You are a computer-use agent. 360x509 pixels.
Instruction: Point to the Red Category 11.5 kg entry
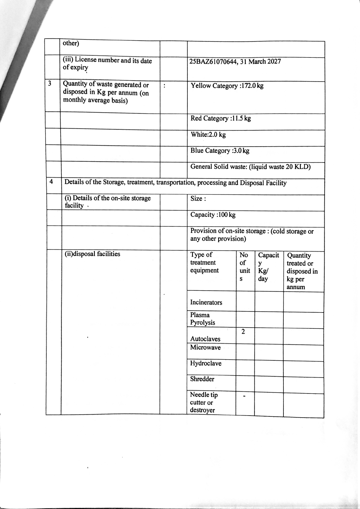click(220, 118)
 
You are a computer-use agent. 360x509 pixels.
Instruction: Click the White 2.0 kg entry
click(208, 135)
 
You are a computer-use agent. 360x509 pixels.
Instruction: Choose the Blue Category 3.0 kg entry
click(220, 151)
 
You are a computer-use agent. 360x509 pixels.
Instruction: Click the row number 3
click(50, 84)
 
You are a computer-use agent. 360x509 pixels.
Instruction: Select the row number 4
click(51, 182)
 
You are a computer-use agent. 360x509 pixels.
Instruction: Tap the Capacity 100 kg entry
click(213, 215)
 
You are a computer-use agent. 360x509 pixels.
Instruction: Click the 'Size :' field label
click(198, 199)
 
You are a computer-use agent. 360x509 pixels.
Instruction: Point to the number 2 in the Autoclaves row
click(243, 332)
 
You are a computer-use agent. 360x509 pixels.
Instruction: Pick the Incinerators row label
click(206, 302)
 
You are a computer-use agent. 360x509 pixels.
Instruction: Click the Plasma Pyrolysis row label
click(202, 319)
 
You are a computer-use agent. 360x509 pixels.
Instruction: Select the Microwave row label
click(205, 347)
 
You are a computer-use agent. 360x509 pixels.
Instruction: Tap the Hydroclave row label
click(205, 363)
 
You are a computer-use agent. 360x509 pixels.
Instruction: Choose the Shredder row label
click(202, 379)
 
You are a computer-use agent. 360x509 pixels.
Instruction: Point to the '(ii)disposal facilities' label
click(92, 254)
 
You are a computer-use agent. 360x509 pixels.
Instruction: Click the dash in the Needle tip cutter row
click(244, 396)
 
